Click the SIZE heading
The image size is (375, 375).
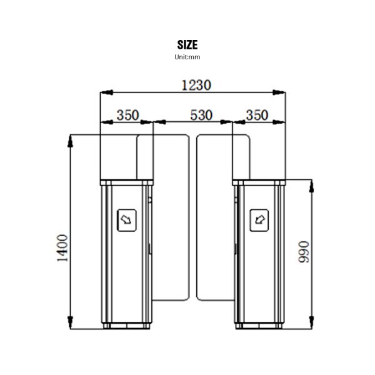pyautogui.click(x=187, y=44)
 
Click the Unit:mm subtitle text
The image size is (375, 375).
pyautogui.click(x=187, y=57)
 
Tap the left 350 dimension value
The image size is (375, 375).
pyautogui.click(x=128, y=115)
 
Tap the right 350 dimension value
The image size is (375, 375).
pyautogui.click(x=257, y=115)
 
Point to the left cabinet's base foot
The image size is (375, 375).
pyautogui.click(x=127, y=325)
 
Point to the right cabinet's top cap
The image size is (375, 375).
pyautogui.click(x=258, y=182)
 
